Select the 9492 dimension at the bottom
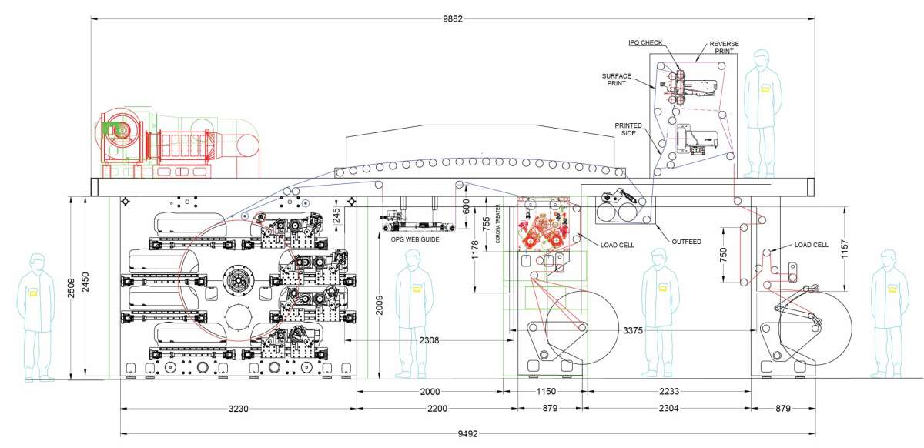tap(467, 434)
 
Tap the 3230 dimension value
tap(239, 409)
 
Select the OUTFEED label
tap(685, 242)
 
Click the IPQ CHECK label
tap(645, 43)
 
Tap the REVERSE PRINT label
tap(724, 48)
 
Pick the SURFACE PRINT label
tap(617, 80)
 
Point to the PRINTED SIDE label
tap(629, 129)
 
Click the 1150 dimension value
tap(545, 392)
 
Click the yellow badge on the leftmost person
tap(33, 292)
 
